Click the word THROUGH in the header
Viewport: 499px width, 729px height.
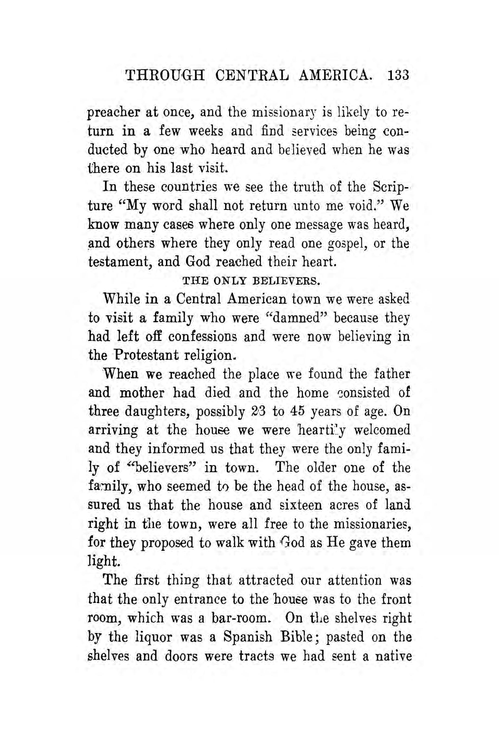165,76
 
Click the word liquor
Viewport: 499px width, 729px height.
153,637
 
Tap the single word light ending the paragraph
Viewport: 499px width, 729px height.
104,561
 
